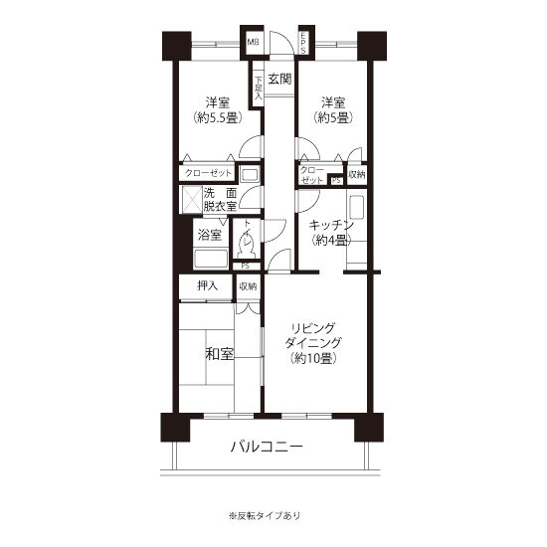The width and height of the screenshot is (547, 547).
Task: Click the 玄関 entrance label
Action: (279, 80)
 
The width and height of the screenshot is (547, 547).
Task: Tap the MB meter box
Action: (254, 42)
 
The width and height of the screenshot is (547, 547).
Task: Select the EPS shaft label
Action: (302, 43)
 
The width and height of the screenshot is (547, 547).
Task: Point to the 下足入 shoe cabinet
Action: (259, 88)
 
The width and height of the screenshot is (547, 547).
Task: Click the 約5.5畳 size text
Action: (218, 118)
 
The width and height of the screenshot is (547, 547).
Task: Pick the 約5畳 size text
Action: (333, 117)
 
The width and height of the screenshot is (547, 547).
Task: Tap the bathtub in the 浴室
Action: (211, 259)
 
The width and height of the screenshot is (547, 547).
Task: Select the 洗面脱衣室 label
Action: (220, 200)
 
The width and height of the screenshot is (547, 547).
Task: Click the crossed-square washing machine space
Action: (193, 200)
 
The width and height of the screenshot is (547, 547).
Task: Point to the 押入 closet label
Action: (208, 285)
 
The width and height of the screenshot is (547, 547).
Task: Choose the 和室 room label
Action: (219, 354)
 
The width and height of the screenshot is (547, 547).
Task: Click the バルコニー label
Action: (268, 447)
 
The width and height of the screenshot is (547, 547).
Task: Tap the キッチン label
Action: (331, 225)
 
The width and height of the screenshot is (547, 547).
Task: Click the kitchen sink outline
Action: (356, 207)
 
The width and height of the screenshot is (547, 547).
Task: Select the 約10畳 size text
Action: (313, 358)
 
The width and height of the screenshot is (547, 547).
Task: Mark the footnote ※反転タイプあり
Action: (265, 515)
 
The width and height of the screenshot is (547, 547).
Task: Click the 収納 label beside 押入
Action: (248, 286)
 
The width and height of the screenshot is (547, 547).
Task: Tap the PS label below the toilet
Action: (246, 266)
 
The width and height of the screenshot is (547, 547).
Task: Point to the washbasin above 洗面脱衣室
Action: (249, 174)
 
